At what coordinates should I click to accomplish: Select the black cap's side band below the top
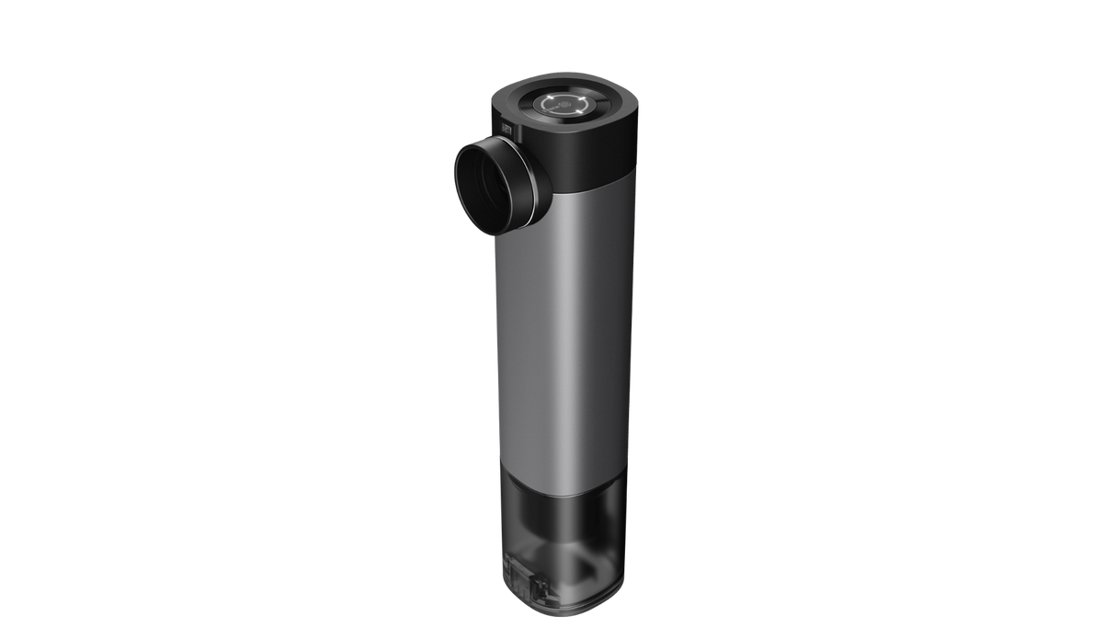(x=588, y=152)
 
